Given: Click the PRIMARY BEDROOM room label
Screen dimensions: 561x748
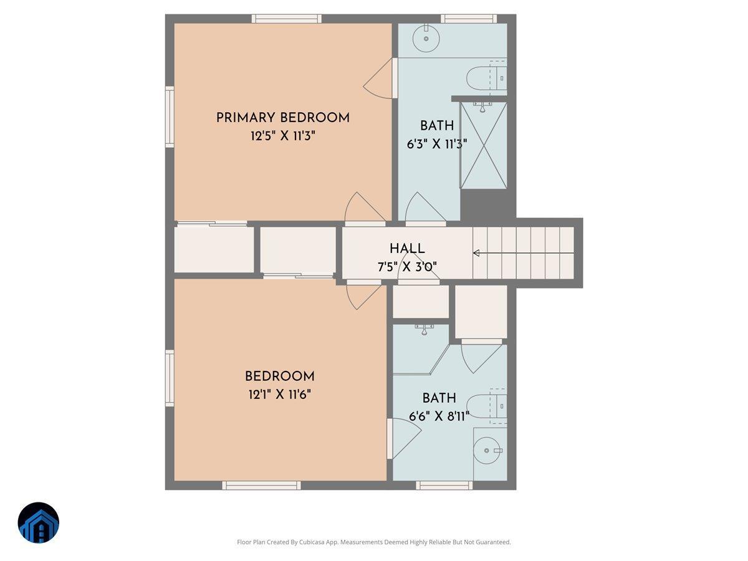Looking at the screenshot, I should (x=282, y=118).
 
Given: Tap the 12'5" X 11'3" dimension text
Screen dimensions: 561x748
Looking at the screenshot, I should (x=282, y=137).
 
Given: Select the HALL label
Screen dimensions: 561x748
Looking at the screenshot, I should (x=407, y=248).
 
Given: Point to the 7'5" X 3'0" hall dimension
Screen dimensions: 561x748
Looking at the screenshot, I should (x=407, y=266).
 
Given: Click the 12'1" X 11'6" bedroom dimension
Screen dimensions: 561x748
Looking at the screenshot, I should (x=279, y=395).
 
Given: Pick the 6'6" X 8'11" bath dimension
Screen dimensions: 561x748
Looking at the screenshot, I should (x=439, y=416).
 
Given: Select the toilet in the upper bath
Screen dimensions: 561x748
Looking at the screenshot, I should (x=486, y=77).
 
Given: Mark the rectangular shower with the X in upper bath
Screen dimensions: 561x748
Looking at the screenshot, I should (x=484, y=145).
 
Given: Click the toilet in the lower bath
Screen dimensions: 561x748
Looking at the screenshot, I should (x=486, y=405).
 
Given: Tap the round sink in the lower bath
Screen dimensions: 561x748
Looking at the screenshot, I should (x=487, y=450).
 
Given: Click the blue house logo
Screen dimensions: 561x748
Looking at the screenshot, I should (x=39, y=523).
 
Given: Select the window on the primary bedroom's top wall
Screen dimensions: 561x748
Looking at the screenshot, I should (x=287, y=19).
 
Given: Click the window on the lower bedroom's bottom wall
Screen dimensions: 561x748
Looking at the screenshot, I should (x=261, y=485).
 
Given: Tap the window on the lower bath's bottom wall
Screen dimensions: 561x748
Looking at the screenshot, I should (x=444, y=485).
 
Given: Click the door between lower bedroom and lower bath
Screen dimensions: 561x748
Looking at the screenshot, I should (x=400, y=439).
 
